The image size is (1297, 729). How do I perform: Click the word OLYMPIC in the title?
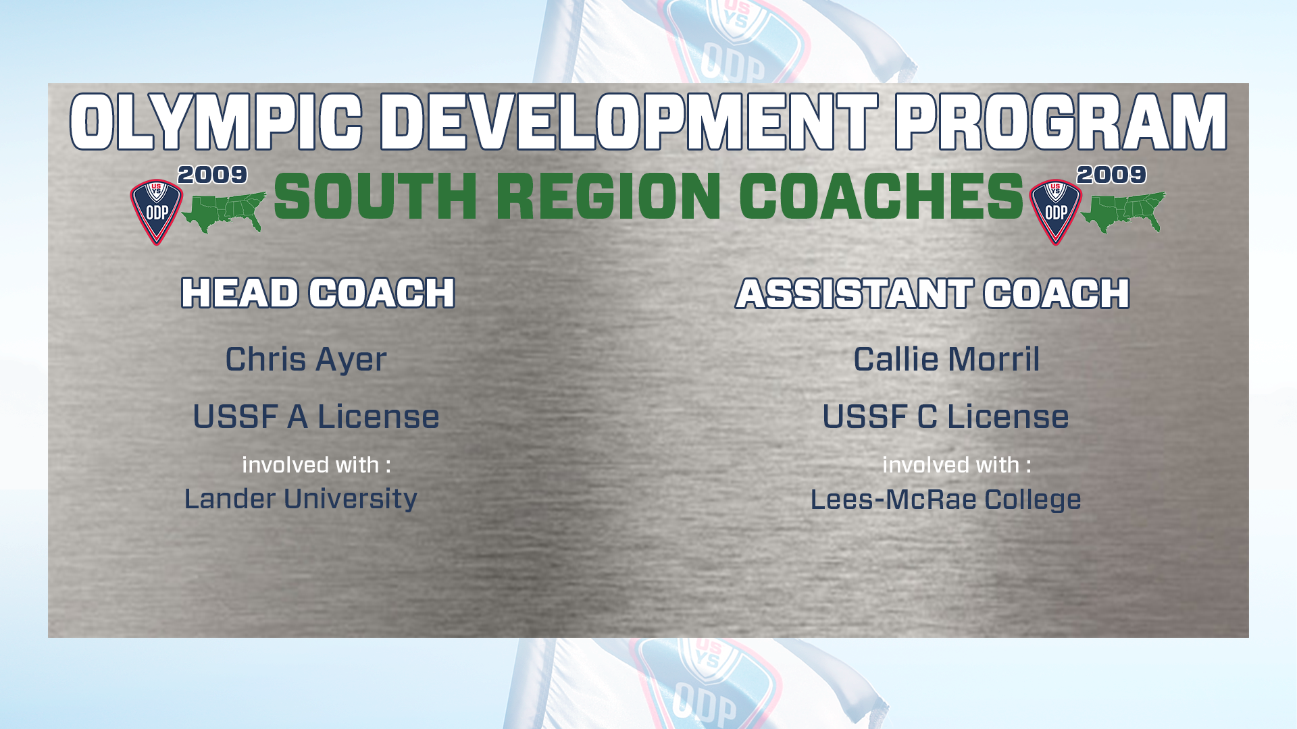point(216,122)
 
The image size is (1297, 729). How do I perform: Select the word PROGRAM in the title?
point(1061,122)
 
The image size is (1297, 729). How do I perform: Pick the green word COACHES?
point(882,196)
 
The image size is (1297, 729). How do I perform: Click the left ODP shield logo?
point(156,212)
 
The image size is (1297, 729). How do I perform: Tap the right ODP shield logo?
point(1055,212)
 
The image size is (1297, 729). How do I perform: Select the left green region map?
point(224,212)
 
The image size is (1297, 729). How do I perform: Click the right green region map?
point(1123,212)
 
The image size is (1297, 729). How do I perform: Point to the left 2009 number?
point(213,175)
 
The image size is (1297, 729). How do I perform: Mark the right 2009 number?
point(1112,175)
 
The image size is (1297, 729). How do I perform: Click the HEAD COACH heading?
point(318,293)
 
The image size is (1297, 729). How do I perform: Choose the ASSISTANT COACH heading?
point(933,294)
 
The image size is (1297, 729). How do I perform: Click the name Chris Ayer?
point(306,359)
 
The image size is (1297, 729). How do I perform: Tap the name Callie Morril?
point(946,359)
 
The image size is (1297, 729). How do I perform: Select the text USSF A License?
point(316,416)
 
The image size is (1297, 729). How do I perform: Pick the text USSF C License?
point(946,416)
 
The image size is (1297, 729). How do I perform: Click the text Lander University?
point(301,500)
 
